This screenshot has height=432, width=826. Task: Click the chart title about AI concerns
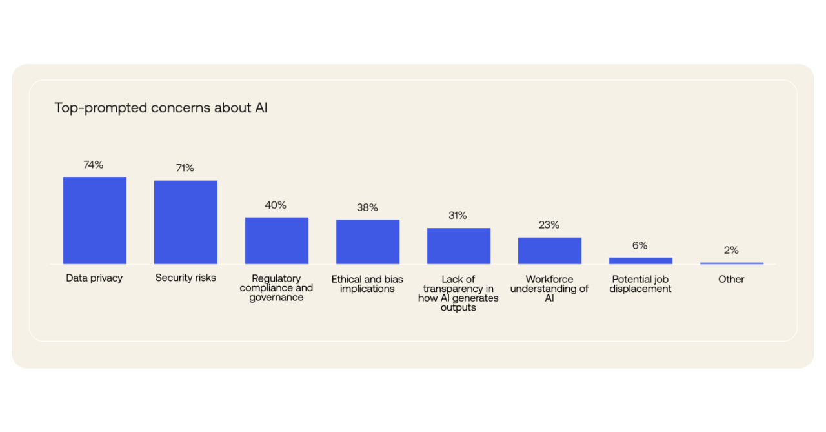pos(161,108)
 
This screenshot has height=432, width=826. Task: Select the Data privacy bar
pos(95,220)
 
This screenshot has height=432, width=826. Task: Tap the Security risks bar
pos(186,222)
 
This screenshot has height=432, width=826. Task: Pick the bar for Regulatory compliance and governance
pos(277,240)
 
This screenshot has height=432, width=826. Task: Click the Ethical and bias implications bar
pos(368,242)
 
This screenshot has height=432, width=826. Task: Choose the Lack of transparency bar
pos(459,246)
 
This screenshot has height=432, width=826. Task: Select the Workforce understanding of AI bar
pos(550,251)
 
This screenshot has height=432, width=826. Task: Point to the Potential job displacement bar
pos(641,261)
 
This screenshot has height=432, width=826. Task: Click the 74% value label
pos(94,165)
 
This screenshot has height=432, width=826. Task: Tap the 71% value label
pos(185,168)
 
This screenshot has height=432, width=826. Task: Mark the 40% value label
pos(276,205)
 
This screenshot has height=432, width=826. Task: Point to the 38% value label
pos(367,208)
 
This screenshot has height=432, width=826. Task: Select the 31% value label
pos(458,216)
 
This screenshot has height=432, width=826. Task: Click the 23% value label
pos(549,225)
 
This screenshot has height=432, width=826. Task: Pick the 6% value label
pos(640,246)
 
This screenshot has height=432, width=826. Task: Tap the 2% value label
pos(731,251)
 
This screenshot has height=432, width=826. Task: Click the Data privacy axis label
pos(94,278)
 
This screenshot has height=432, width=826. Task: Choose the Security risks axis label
pos(186,278)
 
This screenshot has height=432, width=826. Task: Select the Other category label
pos(731,280)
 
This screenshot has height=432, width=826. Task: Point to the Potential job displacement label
pos(641,284)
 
